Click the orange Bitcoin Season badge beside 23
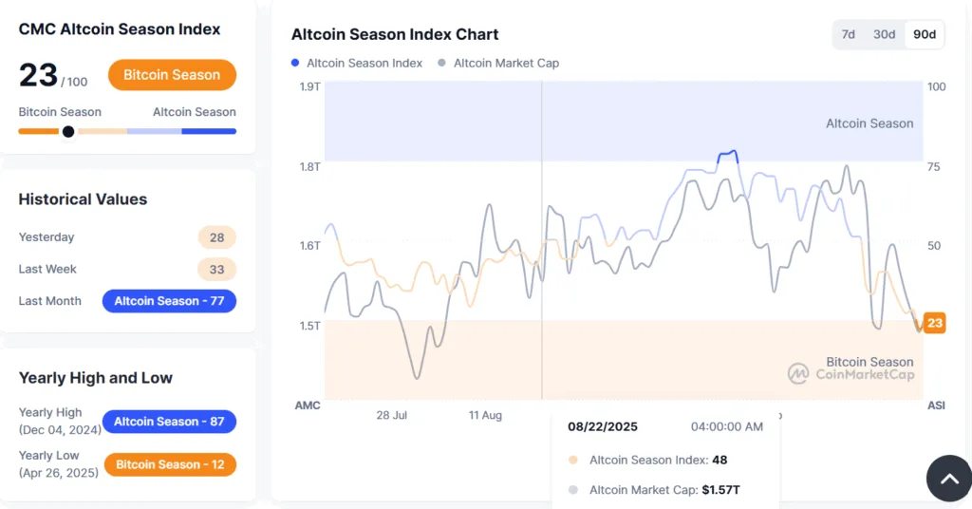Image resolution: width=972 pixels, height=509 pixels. click(x=172, y=75)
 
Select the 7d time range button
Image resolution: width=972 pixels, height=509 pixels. click(x=848, y=34)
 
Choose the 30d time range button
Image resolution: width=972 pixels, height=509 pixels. click(x=884, y=34)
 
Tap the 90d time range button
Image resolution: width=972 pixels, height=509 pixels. click(x=924, y=34)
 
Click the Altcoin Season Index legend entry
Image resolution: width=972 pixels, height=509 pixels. click(x=357, y=63)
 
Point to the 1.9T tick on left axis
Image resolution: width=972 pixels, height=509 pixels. click(x=309, y=86)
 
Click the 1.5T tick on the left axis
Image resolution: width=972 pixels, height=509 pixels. click(x=309, y=326)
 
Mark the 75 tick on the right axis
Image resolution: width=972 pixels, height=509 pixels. click(x=934, y=167)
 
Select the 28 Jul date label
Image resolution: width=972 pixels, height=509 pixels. click(x=391, y=415)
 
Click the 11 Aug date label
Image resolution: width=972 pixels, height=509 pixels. click(x=485, y=415)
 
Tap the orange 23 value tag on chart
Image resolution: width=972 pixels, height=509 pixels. click(x=935, y=323)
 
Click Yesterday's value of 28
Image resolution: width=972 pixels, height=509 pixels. click(x=216, y=237)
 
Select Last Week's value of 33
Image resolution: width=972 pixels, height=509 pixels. click(x=216, y=270)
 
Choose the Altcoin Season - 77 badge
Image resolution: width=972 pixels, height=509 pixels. click(x=169, y=301)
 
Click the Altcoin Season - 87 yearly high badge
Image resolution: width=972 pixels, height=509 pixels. click(x=169, y=422)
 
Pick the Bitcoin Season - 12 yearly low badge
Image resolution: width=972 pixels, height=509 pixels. click(x=169, y=464)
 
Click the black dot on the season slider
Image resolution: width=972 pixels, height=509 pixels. click(x=68, y=132)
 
